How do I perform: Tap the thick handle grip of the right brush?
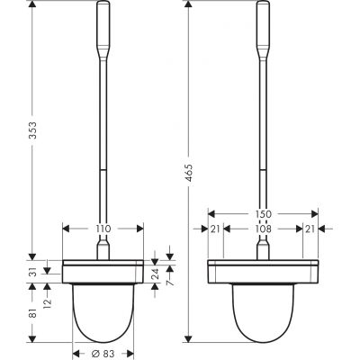click(263, 27)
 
